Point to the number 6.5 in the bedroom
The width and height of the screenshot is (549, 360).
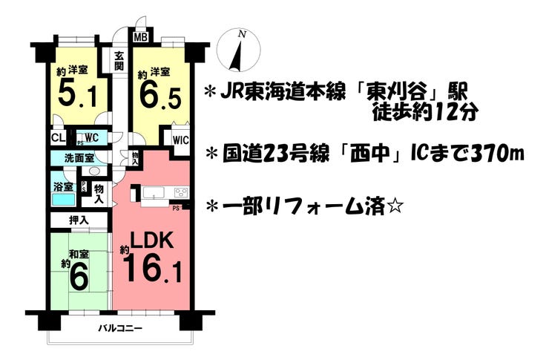coord(160,94)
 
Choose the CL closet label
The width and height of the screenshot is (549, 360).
coord(57,137)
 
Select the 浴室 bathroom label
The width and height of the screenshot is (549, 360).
coord(63,188)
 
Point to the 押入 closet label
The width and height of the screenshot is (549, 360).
coord(79,220)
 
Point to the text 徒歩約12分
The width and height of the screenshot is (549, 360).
coord(425,115)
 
